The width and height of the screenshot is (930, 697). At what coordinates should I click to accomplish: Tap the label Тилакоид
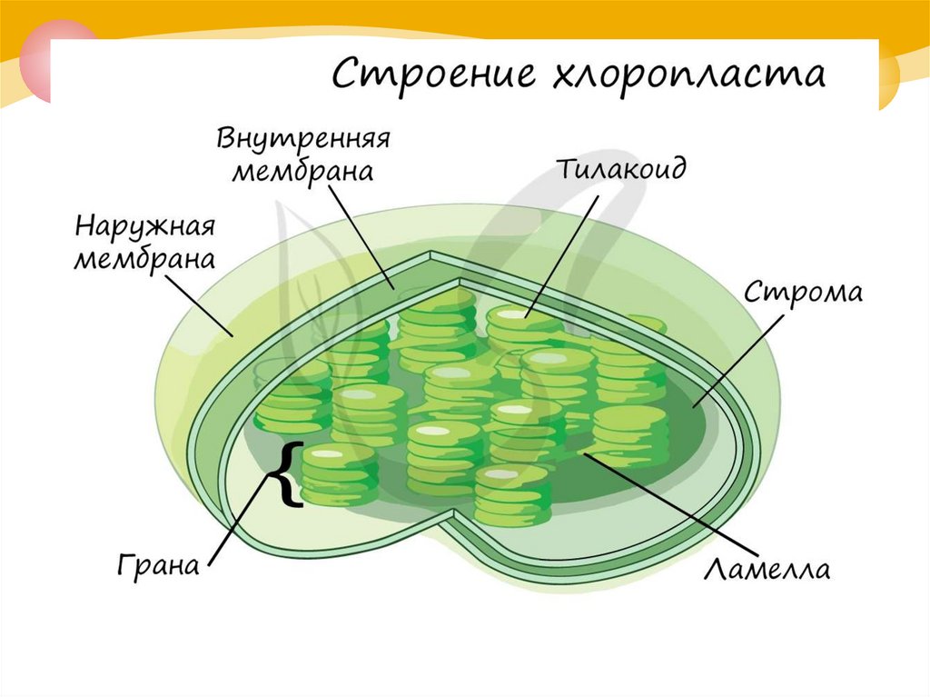pos(620,170)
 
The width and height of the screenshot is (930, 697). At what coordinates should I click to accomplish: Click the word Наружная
pos(144,225)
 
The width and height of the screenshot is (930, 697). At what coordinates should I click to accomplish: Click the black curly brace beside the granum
pos(288,473)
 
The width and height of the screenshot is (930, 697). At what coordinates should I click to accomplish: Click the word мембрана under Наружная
pos(144,259)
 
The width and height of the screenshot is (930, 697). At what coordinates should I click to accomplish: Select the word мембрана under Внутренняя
pos(302,172)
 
